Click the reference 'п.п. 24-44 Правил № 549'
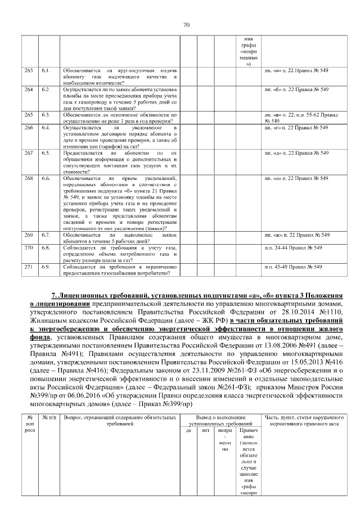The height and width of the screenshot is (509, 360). (292, 247)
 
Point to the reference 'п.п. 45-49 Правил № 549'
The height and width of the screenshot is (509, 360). (292, 267)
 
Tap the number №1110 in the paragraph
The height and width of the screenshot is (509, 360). (328, 311)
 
